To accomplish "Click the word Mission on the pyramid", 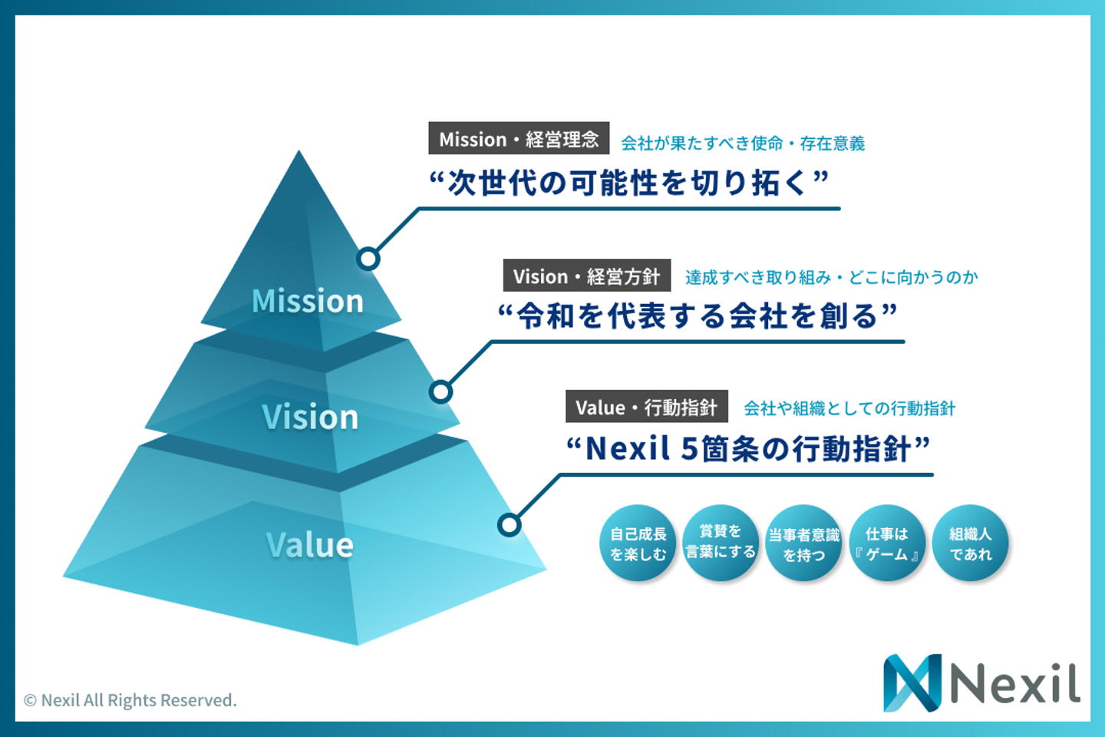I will click(x=308, y=301).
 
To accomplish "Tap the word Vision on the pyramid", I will click(x=310, y=417).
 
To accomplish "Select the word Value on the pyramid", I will click(x=310, y=545).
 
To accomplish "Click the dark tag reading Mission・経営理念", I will click(x=519, y=139).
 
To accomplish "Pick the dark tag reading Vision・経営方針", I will click(x=587, y=276).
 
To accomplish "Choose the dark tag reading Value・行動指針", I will click(x=647, y=407).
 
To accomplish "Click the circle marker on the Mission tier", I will click(x=368, y=259).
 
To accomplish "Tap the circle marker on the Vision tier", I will click(x=440, y=392).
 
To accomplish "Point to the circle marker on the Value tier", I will click(x=510, y=525).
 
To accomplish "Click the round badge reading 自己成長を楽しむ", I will click(x=638, y=544).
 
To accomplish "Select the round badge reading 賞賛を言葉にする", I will click(x=721, y=542).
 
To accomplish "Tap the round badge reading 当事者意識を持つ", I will click(x=804, y=544).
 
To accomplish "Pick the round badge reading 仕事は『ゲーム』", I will click(x=887, y=544).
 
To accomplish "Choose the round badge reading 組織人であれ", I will click(x=971, y=544).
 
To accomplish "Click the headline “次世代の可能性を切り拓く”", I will click(x=629, y=183).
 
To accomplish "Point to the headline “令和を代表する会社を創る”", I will click(x=698, y=316).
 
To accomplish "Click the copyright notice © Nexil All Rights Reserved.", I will click(x=130, y=700).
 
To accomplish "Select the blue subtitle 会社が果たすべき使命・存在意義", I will click(x=743, y=143).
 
